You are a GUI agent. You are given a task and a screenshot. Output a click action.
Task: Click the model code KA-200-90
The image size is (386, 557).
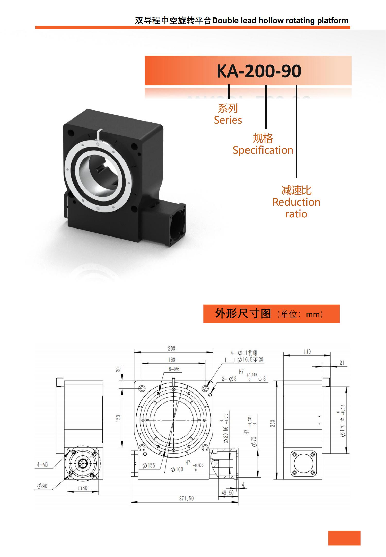pyautogui.click(x=259, y=71)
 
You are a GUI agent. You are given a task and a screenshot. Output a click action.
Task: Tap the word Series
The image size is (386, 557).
pyautogui.click(x=228, y=120)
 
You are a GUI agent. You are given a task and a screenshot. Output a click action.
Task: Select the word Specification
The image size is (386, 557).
pyautogui.click(x=263, y=150)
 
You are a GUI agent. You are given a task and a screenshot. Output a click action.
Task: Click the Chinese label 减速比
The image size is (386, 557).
pyautogui.click(x=296, y=190)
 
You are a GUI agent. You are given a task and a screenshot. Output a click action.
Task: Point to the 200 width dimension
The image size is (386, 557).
pyautogui.click(x=171, y=349)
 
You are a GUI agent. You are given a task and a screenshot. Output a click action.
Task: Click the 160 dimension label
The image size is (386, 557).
pyautogui.click(x=171, y=360)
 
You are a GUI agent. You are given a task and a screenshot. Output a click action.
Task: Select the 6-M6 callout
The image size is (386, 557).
pyautogui.click(x=174, y=369)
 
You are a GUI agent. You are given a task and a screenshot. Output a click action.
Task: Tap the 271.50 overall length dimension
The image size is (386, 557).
pyautogui.click(x=186, y=498)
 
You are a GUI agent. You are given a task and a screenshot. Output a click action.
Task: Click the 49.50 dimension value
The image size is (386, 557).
pyautogui.click(x=227, y=493)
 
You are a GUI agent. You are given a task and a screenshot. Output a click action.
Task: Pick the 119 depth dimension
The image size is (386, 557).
pyautogui.click(x=307, y=352)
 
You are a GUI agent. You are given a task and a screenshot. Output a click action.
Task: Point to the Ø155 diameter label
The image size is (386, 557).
pyautogui.click(x=149, y=465)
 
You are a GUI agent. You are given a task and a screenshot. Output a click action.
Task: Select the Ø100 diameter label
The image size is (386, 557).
pyautogui.click(x=177, y=469)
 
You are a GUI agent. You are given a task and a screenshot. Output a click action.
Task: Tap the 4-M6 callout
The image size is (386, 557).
pyautogui.click(x=42, y=464)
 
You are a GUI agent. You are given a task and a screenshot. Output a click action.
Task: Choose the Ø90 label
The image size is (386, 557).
pyautogui.click(x=42, y=486)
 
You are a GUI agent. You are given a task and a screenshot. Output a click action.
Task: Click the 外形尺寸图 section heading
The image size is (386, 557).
pyautogui.click(x=243, y=314)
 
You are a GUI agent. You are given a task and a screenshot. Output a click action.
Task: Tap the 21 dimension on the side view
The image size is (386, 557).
pyautogui.click(x=342, y=363)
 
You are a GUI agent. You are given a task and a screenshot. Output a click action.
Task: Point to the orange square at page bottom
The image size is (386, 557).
pyautogui.click(x=344, y=538)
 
